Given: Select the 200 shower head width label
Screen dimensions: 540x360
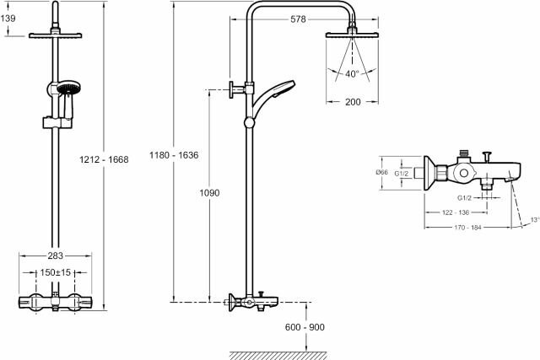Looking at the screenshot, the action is [352, 103].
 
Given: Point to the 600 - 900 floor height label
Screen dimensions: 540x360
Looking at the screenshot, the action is [305, 327].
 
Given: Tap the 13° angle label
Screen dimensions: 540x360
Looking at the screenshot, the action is [533, 220].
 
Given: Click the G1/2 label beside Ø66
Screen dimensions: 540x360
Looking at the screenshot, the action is [402, 173].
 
